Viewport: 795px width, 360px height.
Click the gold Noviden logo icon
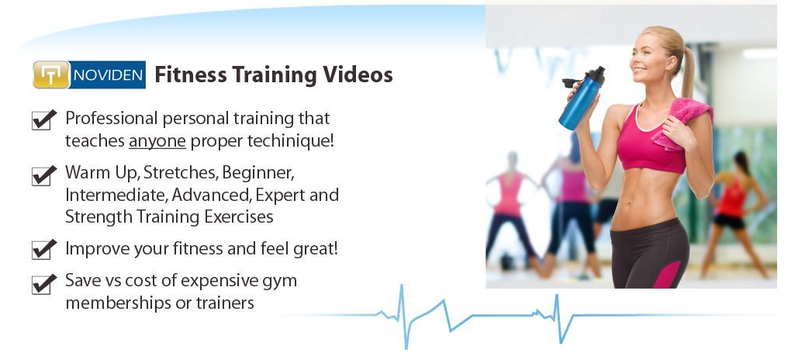[50, 74]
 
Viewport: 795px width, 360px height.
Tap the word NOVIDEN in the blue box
[108, 75]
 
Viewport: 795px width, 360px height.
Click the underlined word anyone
[157, 142]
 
